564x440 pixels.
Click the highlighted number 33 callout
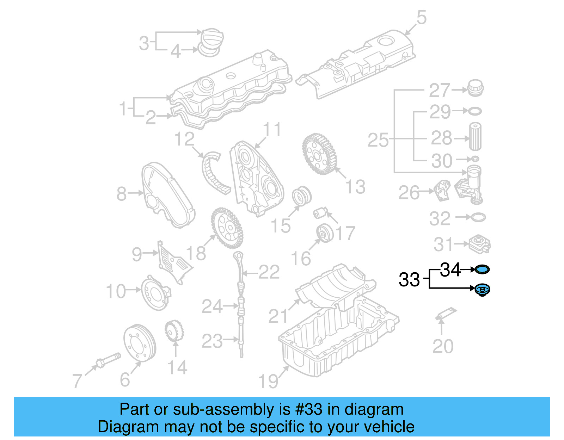[x=409, y=280]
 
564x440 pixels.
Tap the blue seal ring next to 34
[x=482, y=270]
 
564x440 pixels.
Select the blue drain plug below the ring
[x=482, y=290]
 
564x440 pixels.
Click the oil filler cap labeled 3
[x=211, y=39]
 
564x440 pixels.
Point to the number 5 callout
[x=421, y=18]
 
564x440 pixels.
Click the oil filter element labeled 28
[x=475, y=137]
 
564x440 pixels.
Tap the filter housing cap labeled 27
[x=475, y=88]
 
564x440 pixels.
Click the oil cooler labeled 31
[x=479, y=244]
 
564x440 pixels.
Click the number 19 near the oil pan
[x=268, y=381]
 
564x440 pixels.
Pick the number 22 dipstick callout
[x=269, y=272]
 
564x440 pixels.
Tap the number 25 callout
[x=378, y=140]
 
